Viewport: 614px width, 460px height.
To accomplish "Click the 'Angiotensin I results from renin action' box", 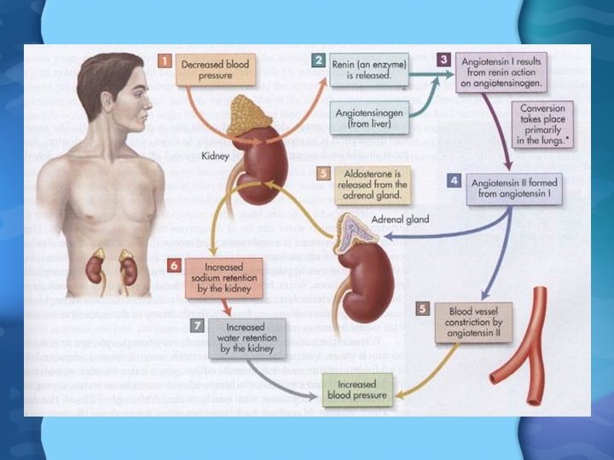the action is [x=503, y=72].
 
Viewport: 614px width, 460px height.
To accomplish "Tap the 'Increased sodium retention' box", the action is [x=224, y=278].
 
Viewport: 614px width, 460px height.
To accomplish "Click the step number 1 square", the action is [x=165, y=61].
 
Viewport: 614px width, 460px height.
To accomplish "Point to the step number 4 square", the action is [x=453, y=181].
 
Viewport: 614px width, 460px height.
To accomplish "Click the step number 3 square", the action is [x=443, y=60].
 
